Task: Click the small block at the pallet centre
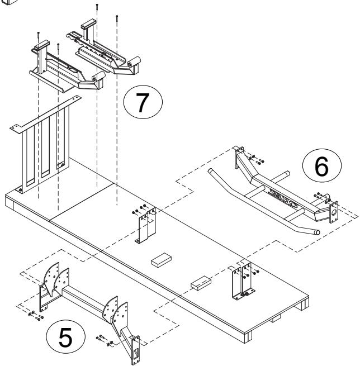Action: pyautogui.click(x=163, y=260)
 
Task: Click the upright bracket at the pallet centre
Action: pyautogui.click(x=146, y=227)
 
